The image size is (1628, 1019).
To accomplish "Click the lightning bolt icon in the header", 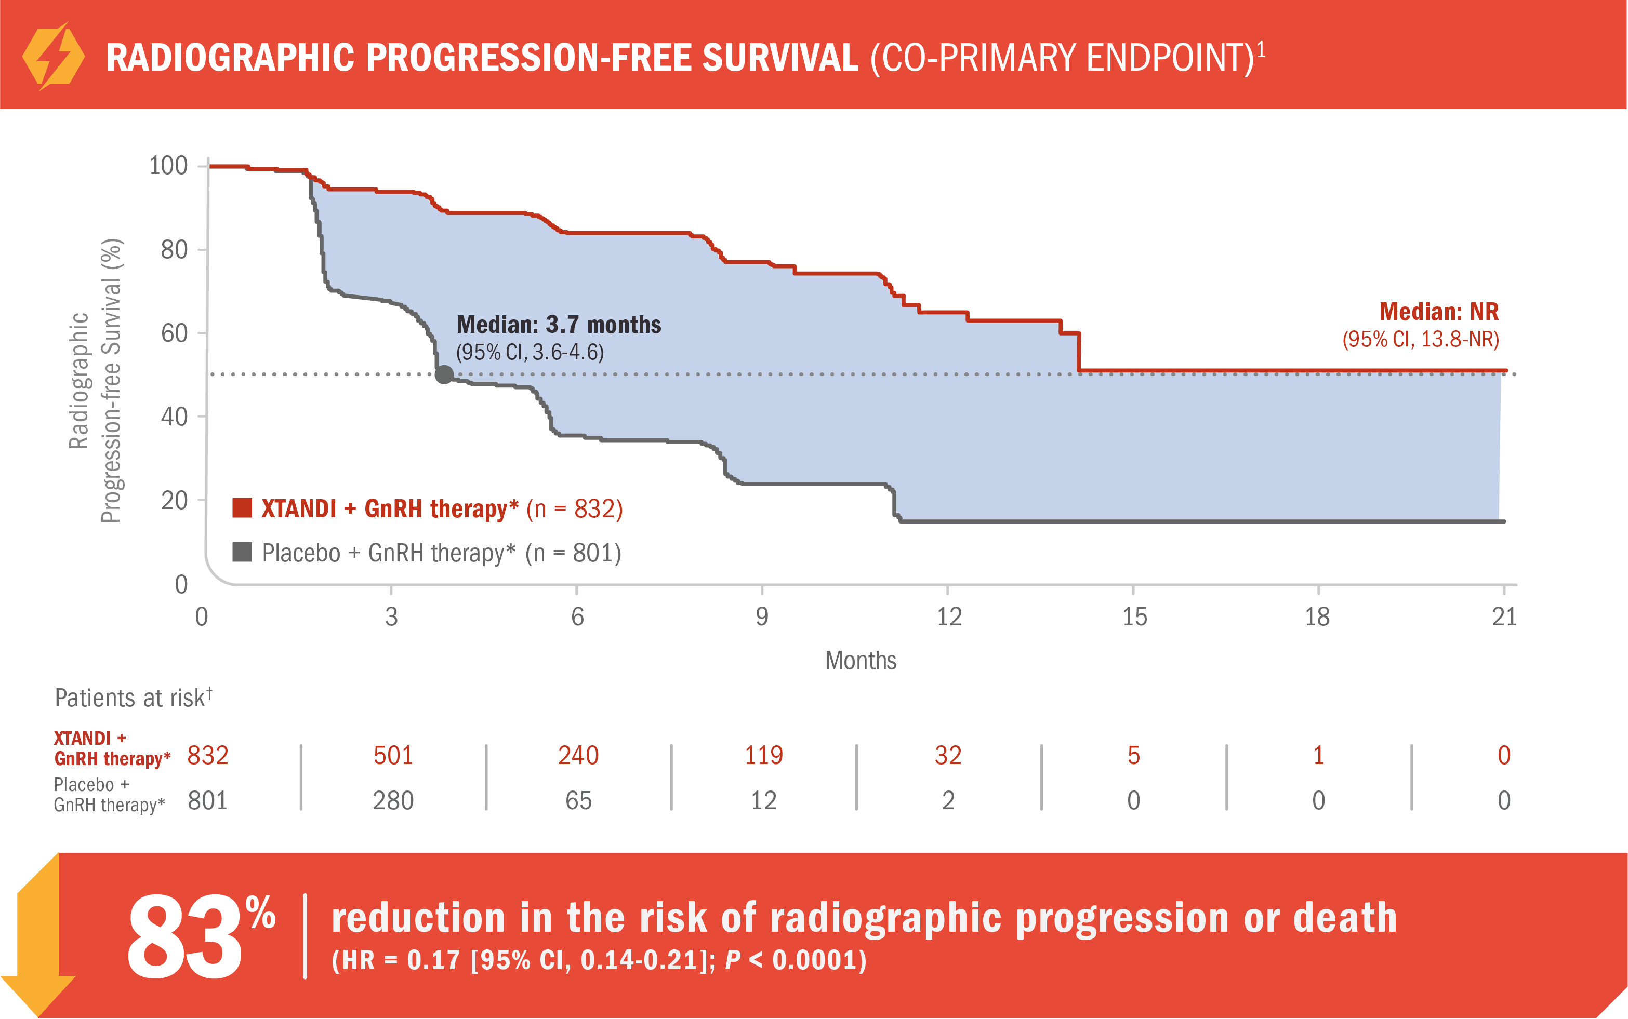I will [52, 57].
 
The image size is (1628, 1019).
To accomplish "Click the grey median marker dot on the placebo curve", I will [444, 374].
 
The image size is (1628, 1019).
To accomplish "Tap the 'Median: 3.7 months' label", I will [558, 325].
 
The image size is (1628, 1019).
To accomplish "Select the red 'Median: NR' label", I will [1438, 312].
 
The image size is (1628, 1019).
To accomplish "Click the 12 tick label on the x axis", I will [948, 616].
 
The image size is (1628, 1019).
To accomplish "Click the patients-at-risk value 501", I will [393, 756].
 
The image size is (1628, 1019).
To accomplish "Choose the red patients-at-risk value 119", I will [763, 756].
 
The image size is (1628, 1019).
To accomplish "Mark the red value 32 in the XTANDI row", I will [948, 756].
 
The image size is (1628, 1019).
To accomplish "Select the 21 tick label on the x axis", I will [1503, 616].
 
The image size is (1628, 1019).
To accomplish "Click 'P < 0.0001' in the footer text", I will [796, 960].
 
